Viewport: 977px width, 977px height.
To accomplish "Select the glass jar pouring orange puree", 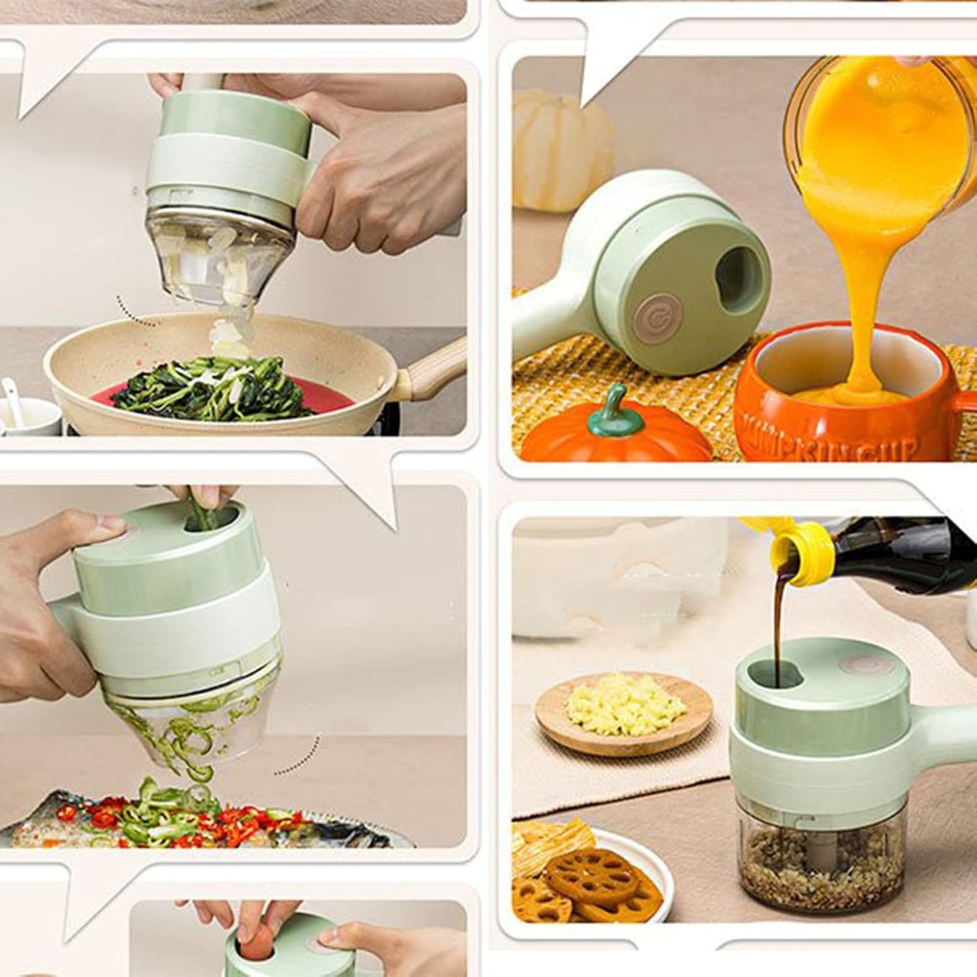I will [x=879, y=128].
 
